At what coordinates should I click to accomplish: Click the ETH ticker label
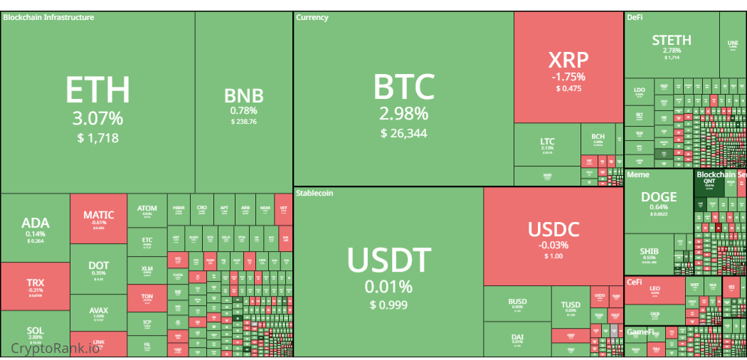(x=98, y=90)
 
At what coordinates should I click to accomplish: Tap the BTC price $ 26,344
(x=403, y=133)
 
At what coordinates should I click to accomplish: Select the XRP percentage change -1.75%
(x=568, y=77)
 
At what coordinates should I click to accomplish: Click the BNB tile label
(x=244, y=96)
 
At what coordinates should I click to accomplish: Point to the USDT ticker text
(x=388, y=260)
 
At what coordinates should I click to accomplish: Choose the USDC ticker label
(x=553, y=230)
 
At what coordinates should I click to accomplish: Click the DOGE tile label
(x=659, y=197)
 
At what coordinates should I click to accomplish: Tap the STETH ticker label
(x=672, y=41)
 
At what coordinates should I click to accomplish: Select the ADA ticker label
(x=35, y=223)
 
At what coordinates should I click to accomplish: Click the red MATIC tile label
(x=98, y=215)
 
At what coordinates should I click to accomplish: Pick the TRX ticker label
(x=35, y=282)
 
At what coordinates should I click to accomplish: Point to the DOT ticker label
(x=98, y=265)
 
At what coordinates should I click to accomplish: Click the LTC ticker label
(x=546, y=142)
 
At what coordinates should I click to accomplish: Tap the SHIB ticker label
(x=649, y=251)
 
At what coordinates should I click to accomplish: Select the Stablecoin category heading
(x=314, y=193)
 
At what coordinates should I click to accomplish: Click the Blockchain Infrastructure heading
(x=48, y=17)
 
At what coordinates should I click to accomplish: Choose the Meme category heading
(x=638, y=174)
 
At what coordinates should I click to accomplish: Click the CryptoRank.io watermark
(x=55, y=348)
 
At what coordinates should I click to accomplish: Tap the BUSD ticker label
(x=517, y=302)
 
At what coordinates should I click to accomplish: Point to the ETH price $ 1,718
(x=98, y=138)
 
